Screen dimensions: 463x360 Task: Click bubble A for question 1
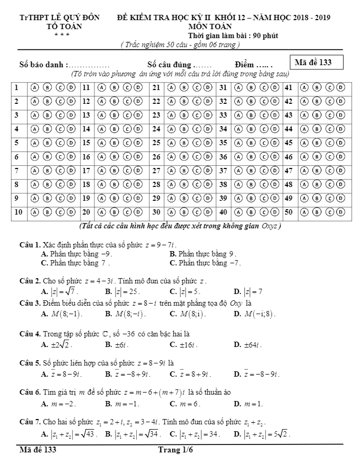[x=35, y=87]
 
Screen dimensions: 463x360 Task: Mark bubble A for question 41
[x=304, y=87]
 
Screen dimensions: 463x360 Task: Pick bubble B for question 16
[x=113, y=156]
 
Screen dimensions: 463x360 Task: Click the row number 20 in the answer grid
[x=86, y=212]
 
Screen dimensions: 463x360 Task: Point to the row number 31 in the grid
[x=223, y=87]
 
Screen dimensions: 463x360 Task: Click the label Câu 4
[x=30, y=334]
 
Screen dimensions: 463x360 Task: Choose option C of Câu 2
[x=184, y=291]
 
